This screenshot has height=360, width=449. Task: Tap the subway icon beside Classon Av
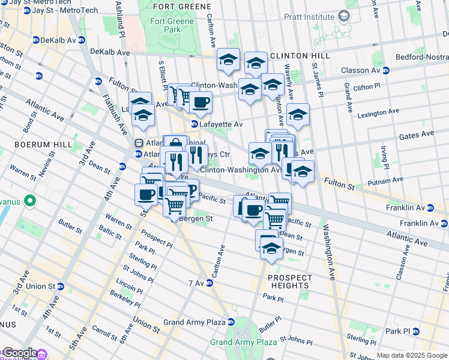386,70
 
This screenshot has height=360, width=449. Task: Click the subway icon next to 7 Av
210,283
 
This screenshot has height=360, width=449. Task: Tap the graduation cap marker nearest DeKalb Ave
228,59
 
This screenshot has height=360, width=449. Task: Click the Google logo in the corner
19,353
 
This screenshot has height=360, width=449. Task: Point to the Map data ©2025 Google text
411,355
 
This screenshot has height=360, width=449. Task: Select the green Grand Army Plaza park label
243,342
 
